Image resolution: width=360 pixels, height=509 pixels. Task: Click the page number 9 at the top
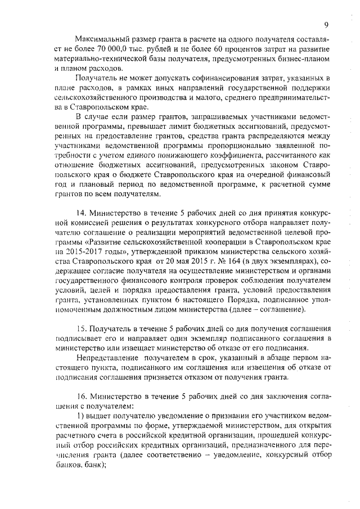(x=326, y=24)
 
